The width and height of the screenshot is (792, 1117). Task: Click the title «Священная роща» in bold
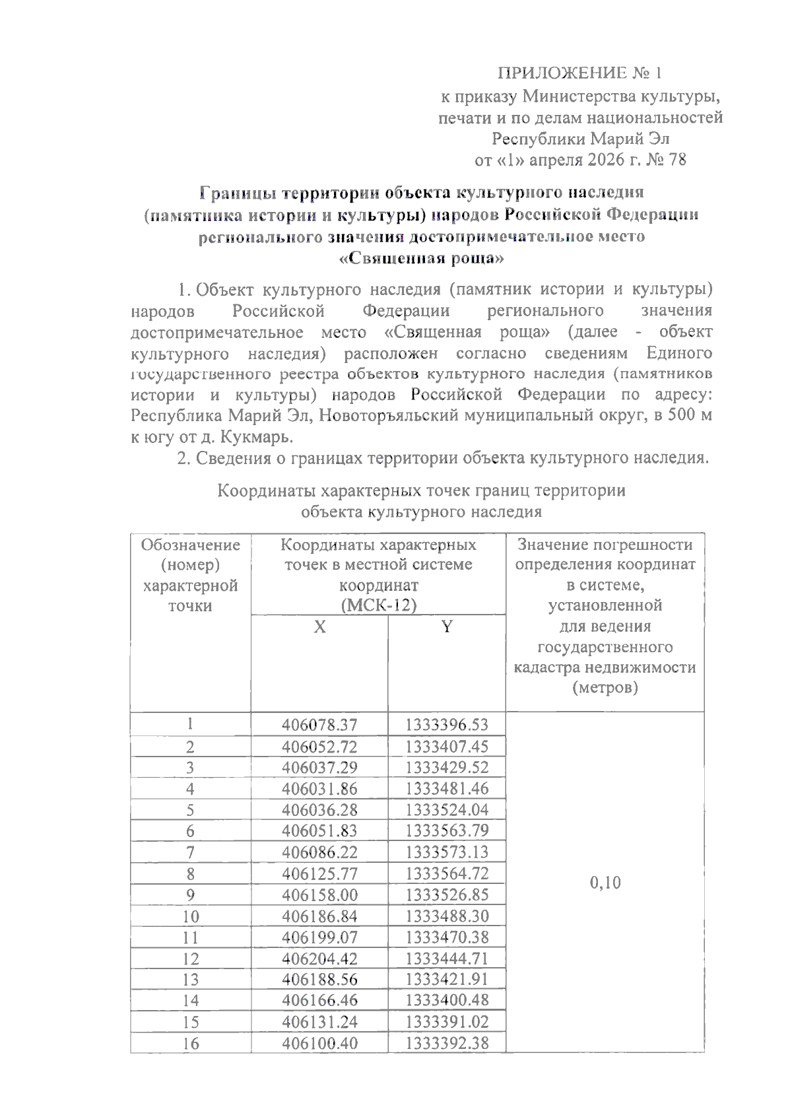(x=421, y=258)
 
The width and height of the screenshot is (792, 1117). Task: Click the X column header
(x=319, y=627)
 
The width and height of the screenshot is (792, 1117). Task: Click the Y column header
(x=447, y=627)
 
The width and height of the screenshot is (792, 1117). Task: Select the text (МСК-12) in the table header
(x=378, y=605)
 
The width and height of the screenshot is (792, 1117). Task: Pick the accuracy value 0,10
(x=605, y=883)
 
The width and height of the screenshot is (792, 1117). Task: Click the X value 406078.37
(x=319, y=725)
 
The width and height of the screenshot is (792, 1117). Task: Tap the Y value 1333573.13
(x=447, y=852)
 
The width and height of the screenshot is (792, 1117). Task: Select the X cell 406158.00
(x=319, y=895)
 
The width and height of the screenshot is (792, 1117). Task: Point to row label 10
(x=190, y=916)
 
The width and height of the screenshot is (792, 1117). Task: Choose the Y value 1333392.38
(x=447, y=1044)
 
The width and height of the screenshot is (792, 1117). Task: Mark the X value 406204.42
(x=319, y=959)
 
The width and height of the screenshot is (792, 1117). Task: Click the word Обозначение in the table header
(x=190, y=545)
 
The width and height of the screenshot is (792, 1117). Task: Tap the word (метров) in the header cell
(x=605, y=688)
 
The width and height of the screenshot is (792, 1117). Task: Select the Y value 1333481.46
(x=447, y=788)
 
